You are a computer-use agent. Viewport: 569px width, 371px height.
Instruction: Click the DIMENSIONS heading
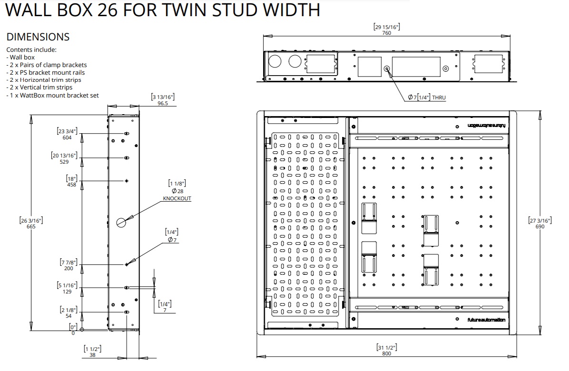pyautogui.click(x=38, y=37)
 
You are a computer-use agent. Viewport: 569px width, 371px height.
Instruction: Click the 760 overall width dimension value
pyautogui.click(x=386, y=33)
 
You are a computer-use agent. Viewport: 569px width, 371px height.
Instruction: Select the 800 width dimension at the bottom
pyautogui.click(x=386, y=354)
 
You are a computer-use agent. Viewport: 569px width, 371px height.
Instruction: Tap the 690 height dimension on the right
pyautogui.click(x=540, y=226)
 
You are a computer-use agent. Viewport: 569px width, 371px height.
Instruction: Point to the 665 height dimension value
pyautogui.click(x=31, y=226)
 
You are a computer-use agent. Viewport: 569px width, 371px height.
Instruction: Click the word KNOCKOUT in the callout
pyautogui.click(x=177, y=198)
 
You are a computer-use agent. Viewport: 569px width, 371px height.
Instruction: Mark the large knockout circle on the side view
pyautogui.click(x=121, y=222)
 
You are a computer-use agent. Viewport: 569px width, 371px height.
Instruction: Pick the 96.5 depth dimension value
pyautogui.click(x=163, y=103)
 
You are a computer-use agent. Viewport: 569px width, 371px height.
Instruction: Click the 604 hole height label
pyautogui.click(x=67, y=138)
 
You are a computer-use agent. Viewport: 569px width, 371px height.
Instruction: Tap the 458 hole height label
pyautogui.click(x=71, y=185)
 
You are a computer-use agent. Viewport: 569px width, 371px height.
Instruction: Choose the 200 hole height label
pyautogui.click(x=68, y=268)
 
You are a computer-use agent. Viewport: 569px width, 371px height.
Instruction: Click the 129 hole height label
pyautogui.click(x=67, y=292)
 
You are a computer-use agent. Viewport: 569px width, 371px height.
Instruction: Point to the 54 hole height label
pyautogui.click(x=68, y=315)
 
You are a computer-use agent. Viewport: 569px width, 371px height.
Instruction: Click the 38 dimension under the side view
pyautogui.click(x=92, y=355)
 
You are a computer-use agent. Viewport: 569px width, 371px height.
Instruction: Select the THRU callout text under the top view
pyautogui.click(x=439, y=98)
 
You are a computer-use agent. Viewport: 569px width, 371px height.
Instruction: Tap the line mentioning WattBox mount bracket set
pyautogui.click(x=52, y=95)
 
